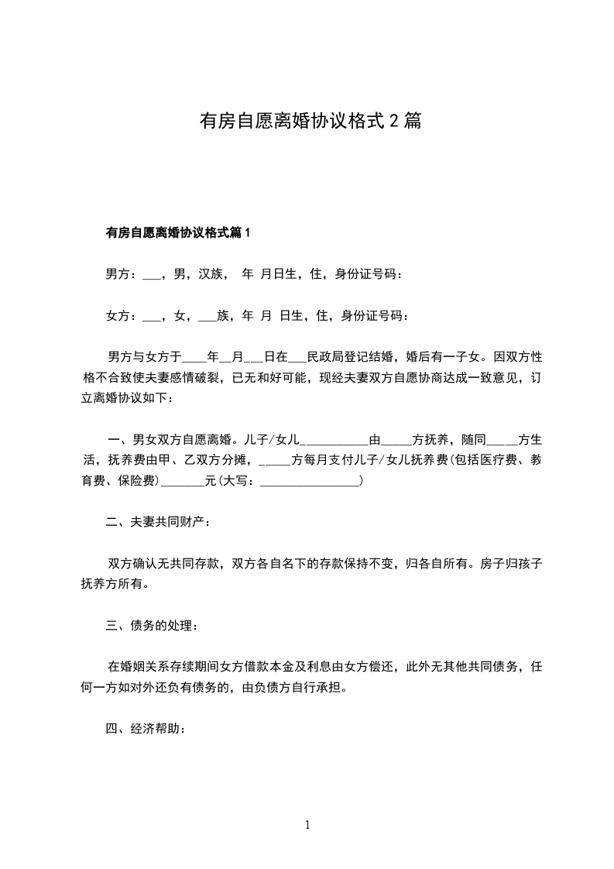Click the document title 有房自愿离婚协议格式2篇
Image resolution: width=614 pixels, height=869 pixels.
[x=310, y=121]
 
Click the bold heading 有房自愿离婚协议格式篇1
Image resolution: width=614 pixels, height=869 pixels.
[x=178, y=232]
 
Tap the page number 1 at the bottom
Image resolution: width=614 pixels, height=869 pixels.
[x=307, y=825]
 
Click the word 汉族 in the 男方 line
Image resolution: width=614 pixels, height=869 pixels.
[x=211, y=274]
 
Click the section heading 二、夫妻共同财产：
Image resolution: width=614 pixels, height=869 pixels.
[x=158, y=521]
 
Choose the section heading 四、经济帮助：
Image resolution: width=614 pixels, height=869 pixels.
[x=146, y=729]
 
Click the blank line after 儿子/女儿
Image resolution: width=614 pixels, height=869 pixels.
[x=334, y=441]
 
